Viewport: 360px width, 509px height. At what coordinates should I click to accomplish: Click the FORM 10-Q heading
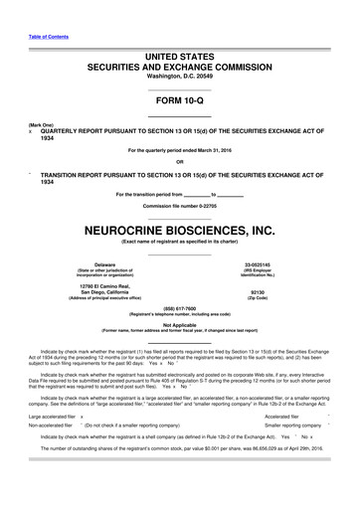click(179, 101)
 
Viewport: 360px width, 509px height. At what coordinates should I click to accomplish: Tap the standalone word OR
click(179, 163)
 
